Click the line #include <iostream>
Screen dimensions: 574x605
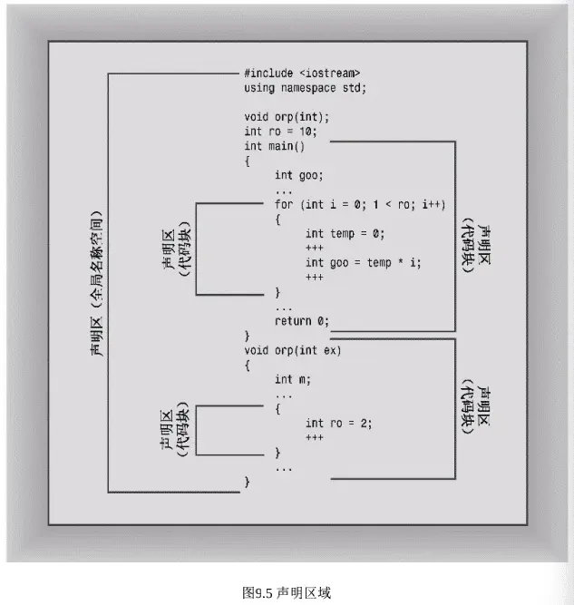point(302,73)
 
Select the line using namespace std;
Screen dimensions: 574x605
point(305,88)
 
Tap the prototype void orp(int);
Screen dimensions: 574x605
point(287,117)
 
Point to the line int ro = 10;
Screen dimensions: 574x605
point(280,132)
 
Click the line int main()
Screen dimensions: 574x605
point(274,146)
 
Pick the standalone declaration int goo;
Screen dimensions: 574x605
point(298,176)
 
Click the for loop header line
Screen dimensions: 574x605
point(360,204)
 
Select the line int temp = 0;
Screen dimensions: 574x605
point(345,234)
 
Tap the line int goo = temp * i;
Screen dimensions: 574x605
point(363,263)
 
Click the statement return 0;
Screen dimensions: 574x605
point(302,321)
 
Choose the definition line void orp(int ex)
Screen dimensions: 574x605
point(292,350)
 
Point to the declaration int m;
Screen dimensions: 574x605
point(292,380)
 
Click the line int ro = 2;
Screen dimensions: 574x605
point(339,424)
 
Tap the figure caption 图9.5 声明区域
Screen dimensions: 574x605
point(287,592)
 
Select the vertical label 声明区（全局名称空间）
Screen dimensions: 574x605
point(96,284)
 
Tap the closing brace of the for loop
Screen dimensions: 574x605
point(277,292)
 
